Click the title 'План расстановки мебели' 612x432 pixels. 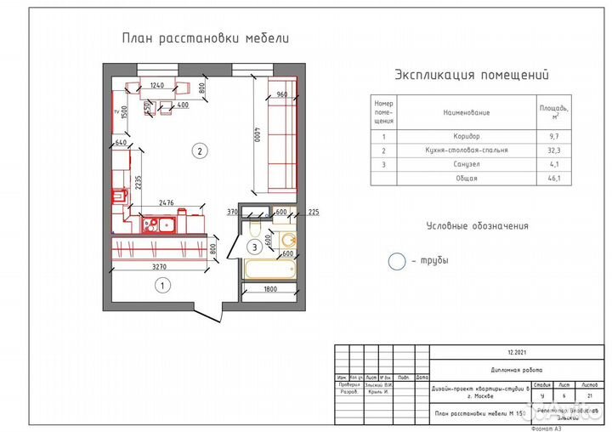(206, 38)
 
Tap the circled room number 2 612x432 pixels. (199, 152)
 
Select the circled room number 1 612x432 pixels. (159, 287)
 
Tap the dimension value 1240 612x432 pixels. (156, 85)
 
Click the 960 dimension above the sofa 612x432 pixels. (282, 94)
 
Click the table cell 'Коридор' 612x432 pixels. (467, 136)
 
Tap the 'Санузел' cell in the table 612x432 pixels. (467, 164)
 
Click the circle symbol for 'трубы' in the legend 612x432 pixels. (397, 262)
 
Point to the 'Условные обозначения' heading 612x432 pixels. (477, 226)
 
